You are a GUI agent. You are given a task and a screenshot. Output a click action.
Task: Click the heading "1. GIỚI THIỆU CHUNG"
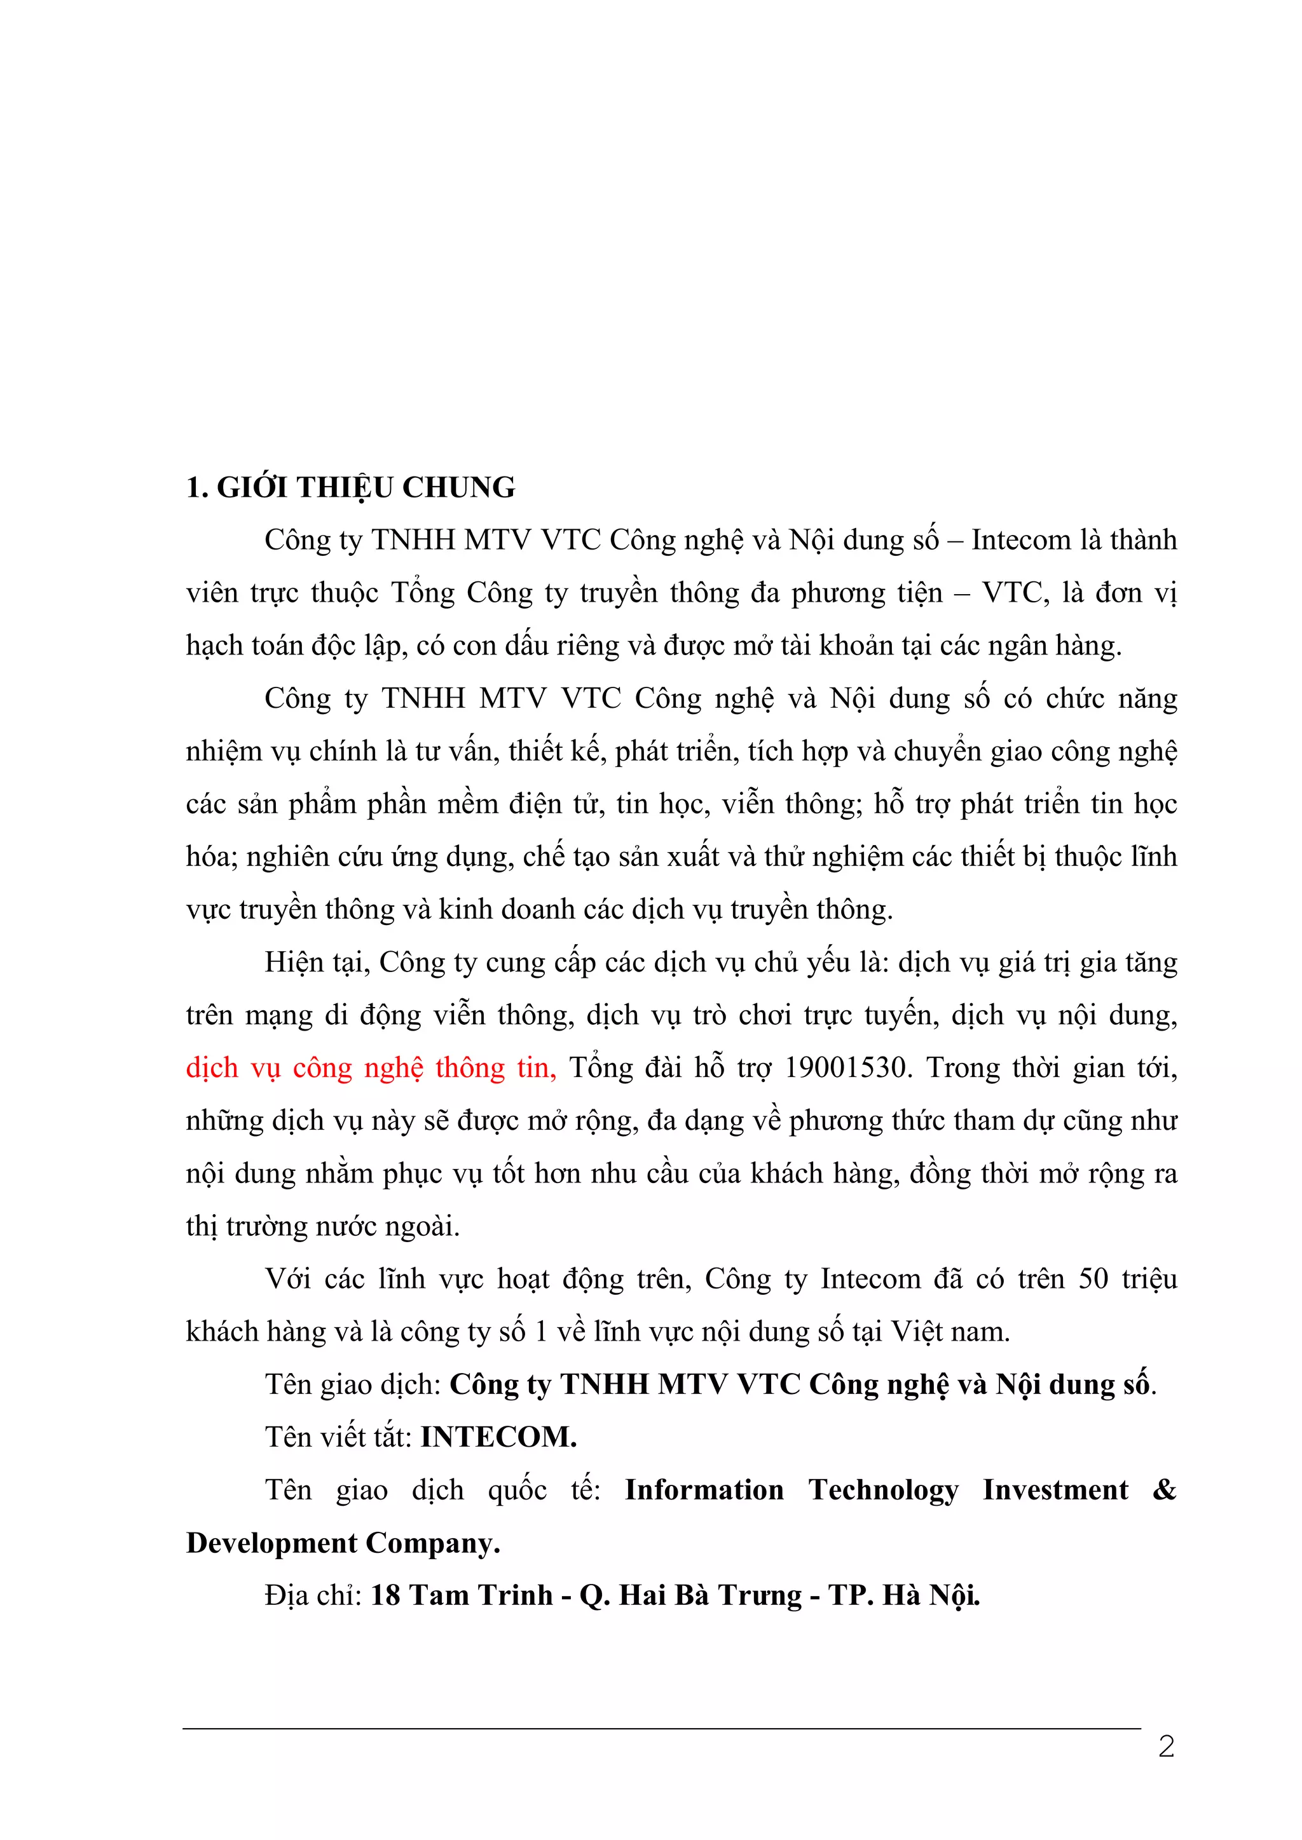point(350,487)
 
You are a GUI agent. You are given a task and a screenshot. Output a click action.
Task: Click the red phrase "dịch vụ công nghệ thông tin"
point(371,1068)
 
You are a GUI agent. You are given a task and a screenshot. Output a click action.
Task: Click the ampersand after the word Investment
point(1164,1490)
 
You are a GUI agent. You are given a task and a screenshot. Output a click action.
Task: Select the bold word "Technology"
point(884,1490)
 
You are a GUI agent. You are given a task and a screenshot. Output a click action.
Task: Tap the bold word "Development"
point(271,1543)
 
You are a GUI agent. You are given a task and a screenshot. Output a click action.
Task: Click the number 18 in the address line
point(385,1595)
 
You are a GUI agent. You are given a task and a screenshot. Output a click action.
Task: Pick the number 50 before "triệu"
point(1093,1279)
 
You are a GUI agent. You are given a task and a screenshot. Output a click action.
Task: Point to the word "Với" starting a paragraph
point(288,1279)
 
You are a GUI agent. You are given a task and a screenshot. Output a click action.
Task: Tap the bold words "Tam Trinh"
point(481,1595)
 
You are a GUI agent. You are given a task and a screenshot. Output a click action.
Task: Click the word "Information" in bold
point(704,1490)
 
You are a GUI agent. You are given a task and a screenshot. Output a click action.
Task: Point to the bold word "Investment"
point(1055,1490)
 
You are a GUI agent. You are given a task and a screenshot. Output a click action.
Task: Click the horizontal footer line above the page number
point(661,1729)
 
